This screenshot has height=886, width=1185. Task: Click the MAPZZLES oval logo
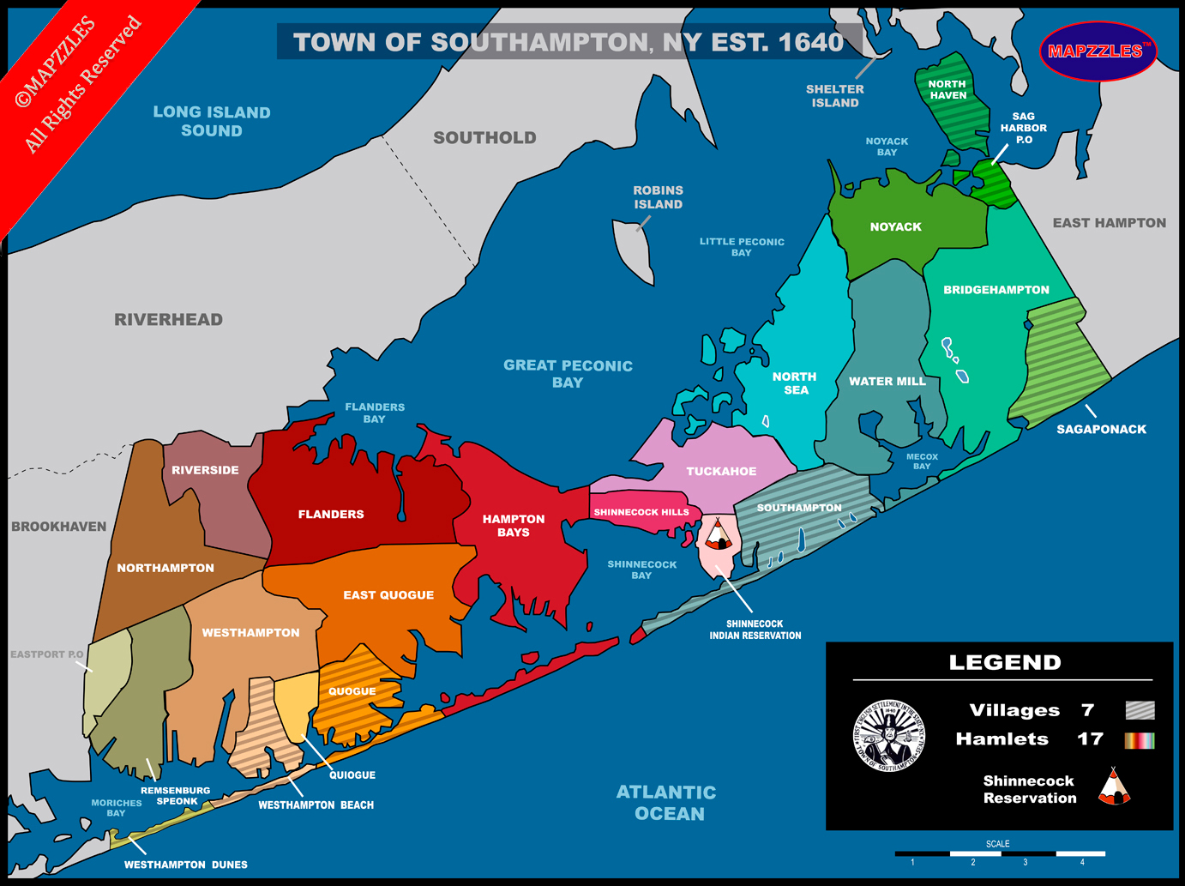click(x=1097, y=51)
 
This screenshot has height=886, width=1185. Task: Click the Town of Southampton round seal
click(x=889, y=735)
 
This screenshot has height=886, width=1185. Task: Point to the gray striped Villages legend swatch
click(x=1140, y=710)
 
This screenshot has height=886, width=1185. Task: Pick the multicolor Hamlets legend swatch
click(x=1140, y=739)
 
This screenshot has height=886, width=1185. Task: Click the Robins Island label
click(x=658, y=197)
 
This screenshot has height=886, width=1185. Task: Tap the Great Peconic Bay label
click(x=568, y=374)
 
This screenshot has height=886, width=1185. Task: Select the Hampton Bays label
click(x=513, y=526)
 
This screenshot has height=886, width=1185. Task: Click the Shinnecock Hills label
click(x=641, y=512)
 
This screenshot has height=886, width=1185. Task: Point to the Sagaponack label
click(x=1101, y=429)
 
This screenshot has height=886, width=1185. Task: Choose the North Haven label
click(x=947, y=90)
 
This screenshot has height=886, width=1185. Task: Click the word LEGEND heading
click(x=1005, y=662)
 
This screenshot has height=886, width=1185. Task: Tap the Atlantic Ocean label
click(x=667, y=803)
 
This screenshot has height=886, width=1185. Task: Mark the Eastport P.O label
click(x=46, y=654)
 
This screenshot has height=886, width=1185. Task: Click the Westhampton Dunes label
click(x=185, y=865)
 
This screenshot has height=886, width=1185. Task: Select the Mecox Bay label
click(x=922, y=461)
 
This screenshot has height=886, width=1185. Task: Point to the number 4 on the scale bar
click(x=1082, y=862)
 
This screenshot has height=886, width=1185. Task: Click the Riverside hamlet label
click(x=205, y=470)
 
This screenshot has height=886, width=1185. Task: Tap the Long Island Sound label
click(x=212, y=121)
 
